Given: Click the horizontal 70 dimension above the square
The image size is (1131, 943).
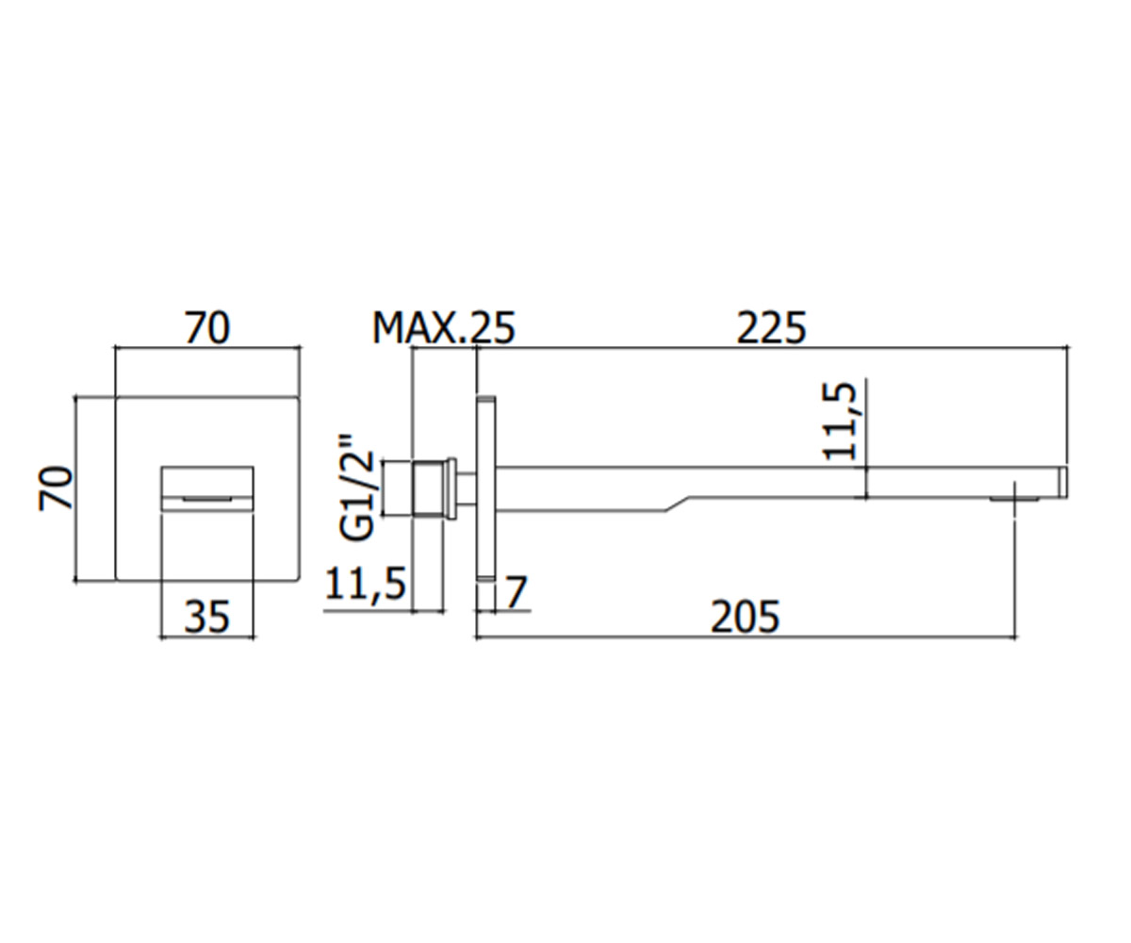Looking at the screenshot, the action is tap(207, 327).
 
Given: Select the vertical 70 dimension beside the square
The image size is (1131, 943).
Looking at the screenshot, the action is tap(56, 488).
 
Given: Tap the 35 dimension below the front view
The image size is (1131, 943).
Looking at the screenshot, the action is tap(207, 617).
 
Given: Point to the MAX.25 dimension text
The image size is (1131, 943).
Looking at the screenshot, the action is tap(444, 328).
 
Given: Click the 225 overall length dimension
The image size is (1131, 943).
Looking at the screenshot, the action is tap(771, 328).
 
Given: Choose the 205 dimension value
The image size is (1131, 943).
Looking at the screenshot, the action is tap(746, 617).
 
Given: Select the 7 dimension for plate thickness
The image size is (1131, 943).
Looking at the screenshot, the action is tap(516, 592).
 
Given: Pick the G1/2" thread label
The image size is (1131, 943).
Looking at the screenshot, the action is tap(356, 487).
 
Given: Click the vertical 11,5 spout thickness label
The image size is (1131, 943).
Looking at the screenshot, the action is tap(839, 422).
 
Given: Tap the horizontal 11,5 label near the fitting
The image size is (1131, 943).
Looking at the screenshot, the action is tap(366, 584).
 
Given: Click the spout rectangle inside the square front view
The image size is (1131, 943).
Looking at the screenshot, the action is tap(207, 488).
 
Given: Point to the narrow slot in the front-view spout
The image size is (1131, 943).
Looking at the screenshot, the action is tap(207, 498).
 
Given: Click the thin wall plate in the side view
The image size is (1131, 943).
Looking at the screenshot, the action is tap(486, 488).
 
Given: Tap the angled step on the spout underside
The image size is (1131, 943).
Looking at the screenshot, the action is tap(677, 504).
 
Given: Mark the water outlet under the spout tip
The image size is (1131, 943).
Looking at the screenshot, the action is tap(1014, 499).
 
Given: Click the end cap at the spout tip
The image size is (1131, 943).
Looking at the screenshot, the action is tap(1063, 482).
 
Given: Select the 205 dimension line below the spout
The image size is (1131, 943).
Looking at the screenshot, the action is tap(746, 637).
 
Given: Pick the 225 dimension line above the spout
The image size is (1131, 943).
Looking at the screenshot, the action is tap(772, 347).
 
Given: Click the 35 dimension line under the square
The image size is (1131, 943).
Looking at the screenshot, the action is tap(207, 637).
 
